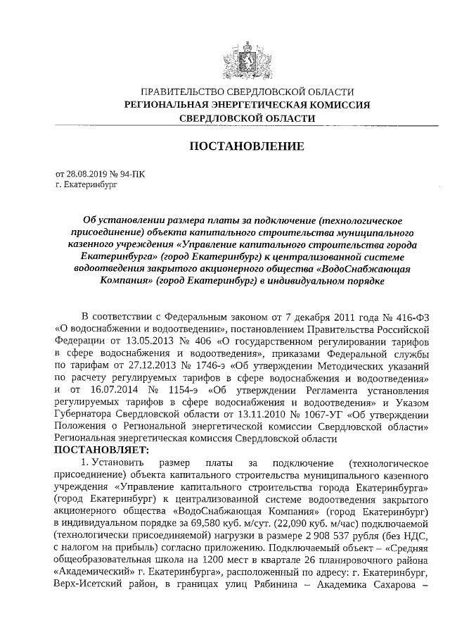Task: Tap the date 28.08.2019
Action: pyautogui.click(x=85, y=173)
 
